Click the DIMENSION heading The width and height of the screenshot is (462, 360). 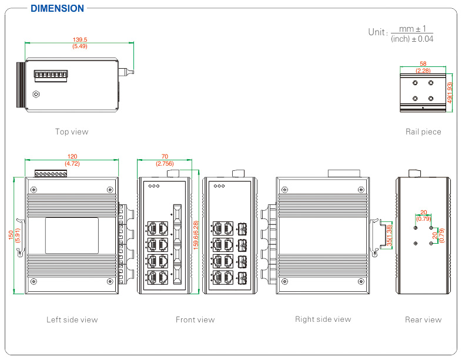coord(57,8)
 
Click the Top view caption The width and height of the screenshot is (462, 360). coord(72,132)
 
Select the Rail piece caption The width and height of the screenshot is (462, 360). coord(423,132)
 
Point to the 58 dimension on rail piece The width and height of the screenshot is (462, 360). coord(423,63)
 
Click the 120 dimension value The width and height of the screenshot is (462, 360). coord(72,157)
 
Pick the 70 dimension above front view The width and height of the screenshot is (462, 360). coord(165,157)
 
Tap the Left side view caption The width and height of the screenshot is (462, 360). coord(72,319)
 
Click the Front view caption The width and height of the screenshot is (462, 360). coord(195,319)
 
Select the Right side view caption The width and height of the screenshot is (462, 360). coord(323,319)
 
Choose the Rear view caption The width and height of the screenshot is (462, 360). coord(423,319)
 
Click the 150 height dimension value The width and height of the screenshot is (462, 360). coord(11,234)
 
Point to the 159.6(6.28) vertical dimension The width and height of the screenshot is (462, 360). coord(196,234)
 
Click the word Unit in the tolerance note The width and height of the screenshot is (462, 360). coord(377,32)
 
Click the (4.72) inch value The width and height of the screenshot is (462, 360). coord(72,163)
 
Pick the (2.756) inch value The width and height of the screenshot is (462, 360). coord(165,163)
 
